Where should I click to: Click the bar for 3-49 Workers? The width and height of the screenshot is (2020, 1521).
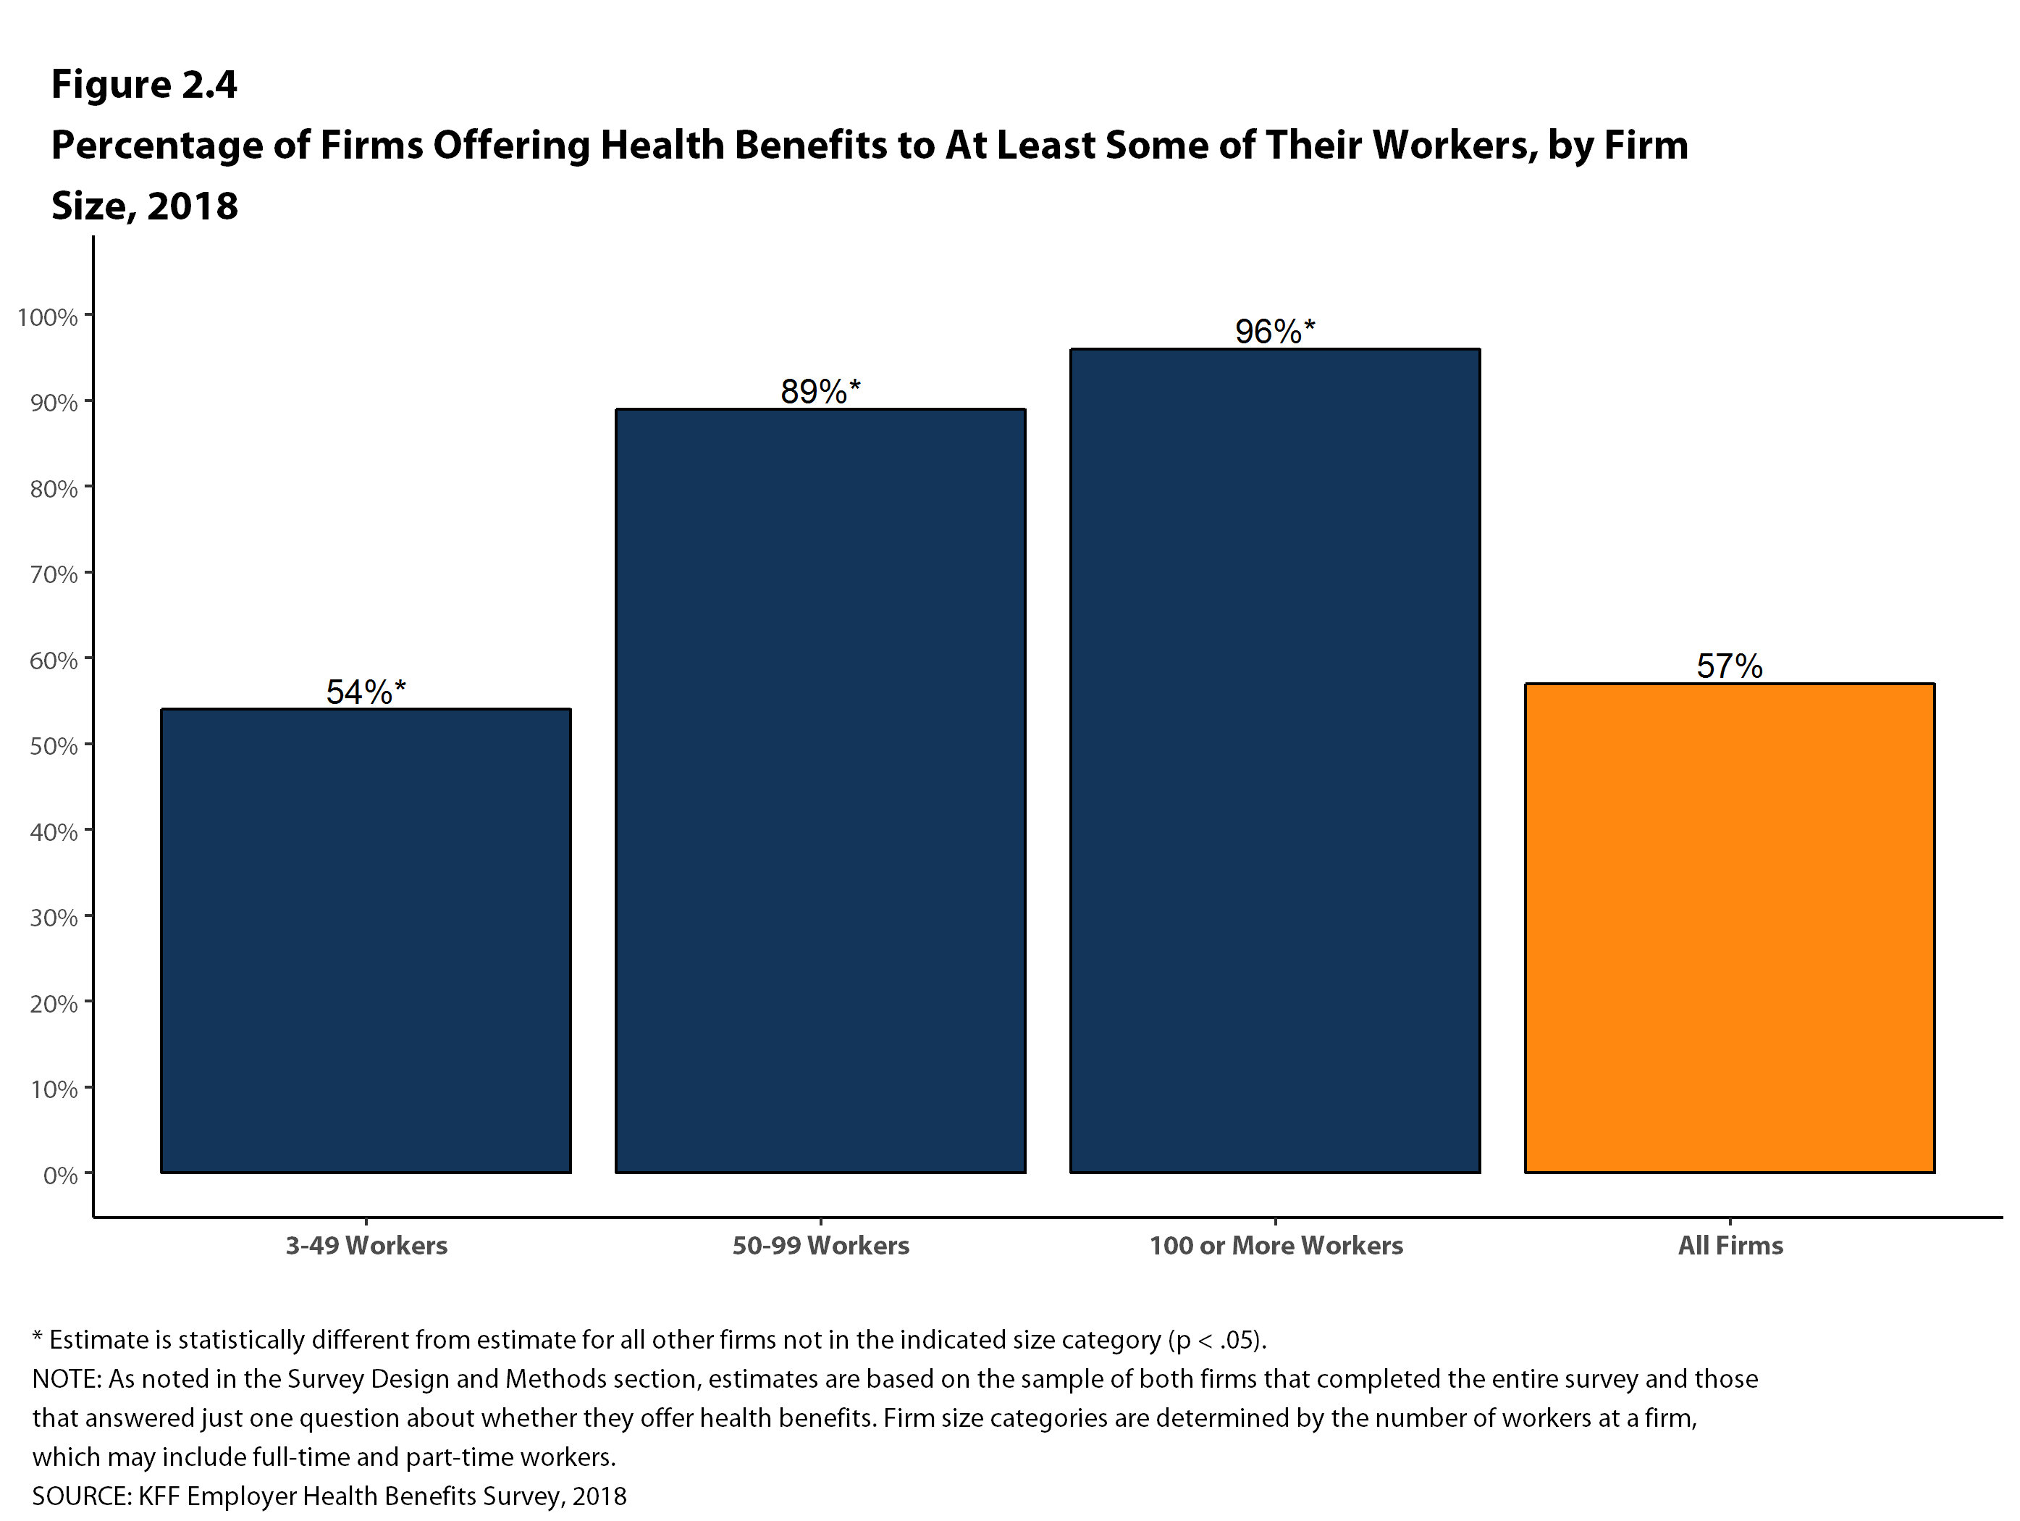tap(366, 941)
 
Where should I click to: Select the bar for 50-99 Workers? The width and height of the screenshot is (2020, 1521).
tap(820, 790)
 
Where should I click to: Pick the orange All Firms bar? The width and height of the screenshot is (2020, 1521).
tap(1730, 927)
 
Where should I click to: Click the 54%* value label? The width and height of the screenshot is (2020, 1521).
tap(366, 692)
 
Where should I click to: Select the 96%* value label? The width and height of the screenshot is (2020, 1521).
tap(1275, 332)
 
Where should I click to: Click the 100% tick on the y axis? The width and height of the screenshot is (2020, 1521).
tap(48, 317)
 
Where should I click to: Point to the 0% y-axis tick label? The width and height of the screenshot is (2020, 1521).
tap(60, 1175)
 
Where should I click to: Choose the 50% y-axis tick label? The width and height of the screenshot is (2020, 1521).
tap(53, 746)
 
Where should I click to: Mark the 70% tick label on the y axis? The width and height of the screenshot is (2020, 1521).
tap(53, 574)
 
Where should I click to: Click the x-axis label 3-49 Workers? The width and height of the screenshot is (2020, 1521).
tap(366, 1246)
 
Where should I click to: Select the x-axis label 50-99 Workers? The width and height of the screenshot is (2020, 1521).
tap(821, 1246)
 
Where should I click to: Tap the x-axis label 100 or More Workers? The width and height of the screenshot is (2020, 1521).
tap(1276, 1246)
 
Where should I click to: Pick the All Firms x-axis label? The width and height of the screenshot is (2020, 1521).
tap(1730, 1246)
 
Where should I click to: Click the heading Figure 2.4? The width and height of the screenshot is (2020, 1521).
tap(144, 85)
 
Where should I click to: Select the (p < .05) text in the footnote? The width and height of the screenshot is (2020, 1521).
tap(1216, 1340)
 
